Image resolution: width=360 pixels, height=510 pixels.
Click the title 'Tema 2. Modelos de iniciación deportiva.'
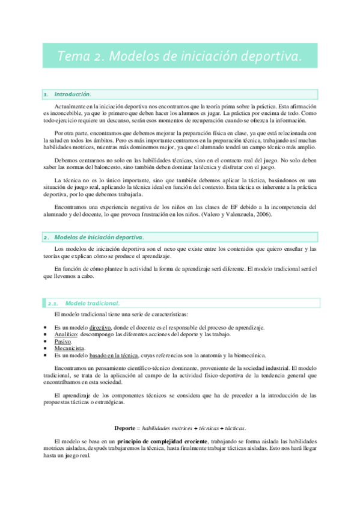[x=179, y=56]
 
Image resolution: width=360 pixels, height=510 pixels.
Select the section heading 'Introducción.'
[x=73, y=94]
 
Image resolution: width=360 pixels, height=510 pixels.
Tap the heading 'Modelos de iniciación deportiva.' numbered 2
[x=99, y=220]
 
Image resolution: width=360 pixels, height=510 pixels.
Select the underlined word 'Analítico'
[x=66, y=334]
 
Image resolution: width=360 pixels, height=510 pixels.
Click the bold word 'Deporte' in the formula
[x=126, y=428]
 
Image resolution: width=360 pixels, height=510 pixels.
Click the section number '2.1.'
[x=53, y=303]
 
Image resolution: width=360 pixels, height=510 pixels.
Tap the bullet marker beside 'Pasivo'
[x=45, y=341]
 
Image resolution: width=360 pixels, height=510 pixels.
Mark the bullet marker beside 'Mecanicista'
[x=45, y=348]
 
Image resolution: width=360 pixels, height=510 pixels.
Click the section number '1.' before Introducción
[x=46, y=94]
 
